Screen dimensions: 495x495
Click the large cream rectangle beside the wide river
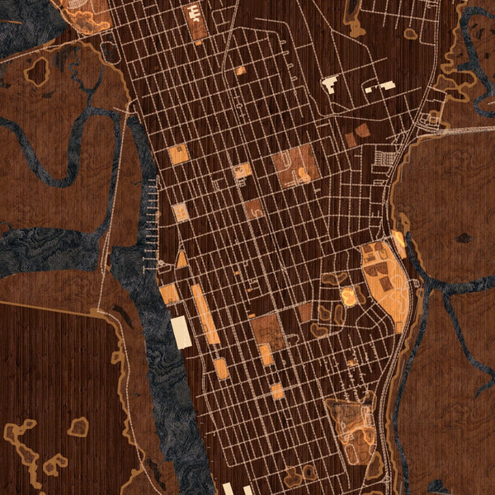pyautogui.click(x=181, y=332)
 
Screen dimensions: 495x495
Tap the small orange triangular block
pyautogui.click(x=181, y=259)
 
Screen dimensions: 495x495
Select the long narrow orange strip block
pyautogui.click(x=205, y=313)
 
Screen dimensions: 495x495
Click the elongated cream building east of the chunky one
pyautogui.click(x=380, y=85)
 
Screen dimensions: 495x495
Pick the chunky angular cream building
pyautogui.click(x=330, y=83)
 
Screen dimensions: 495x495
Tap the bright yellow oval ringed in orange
pyautogui.click(x=349, y=296)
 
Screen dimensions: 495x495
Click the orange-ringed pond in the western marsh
pyautogui.click(x=37, y=72)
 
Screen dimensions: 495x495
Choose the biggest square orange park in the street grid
pyautogui.click(x=295, y=165)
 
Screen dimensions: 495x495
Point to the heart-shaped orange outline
pyautogui.click(x=78, y=427)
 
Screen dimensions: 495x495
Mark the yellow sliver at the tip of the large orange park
pyautogui.click(x=399, y=242)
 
